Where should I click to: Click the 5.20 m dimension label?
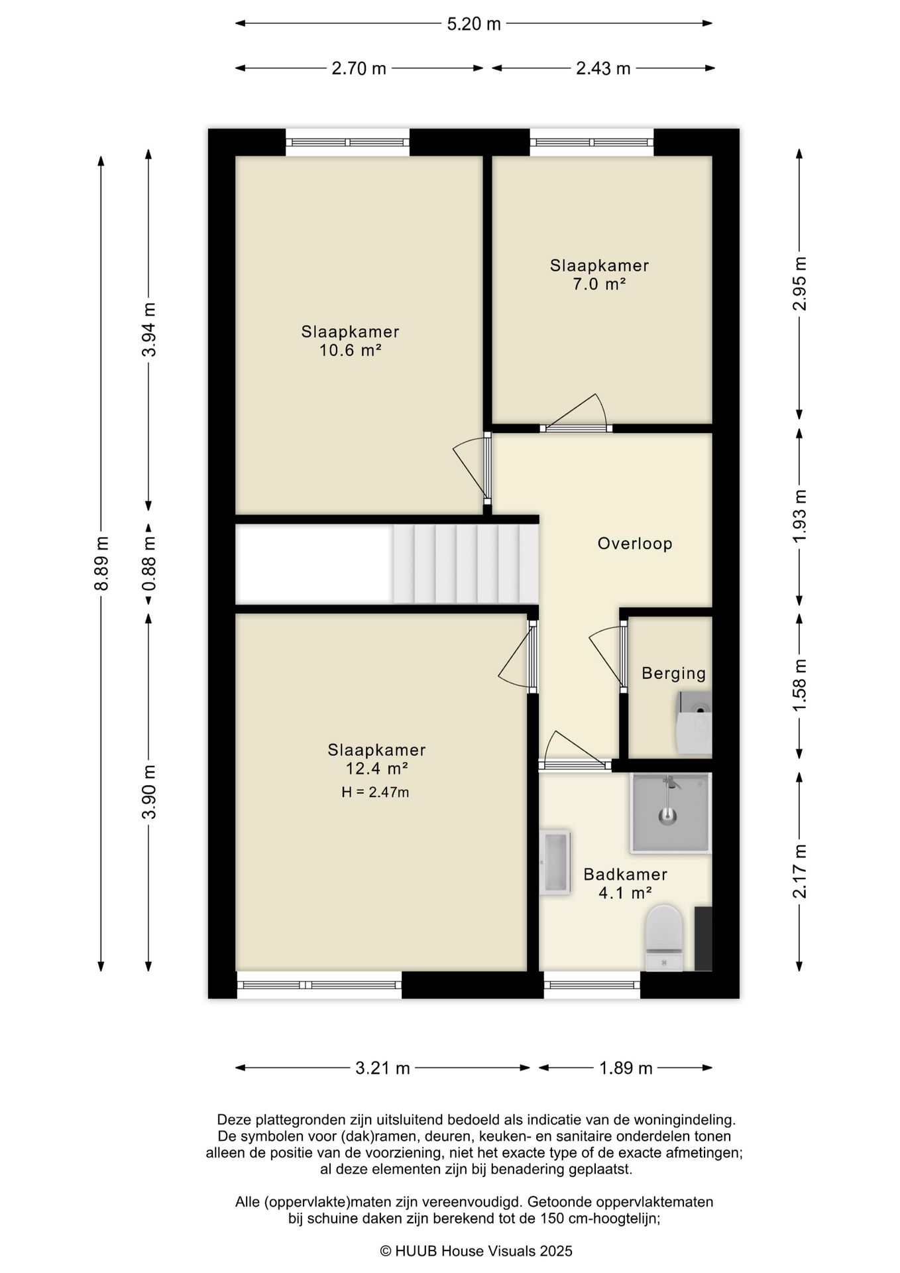[x=474, y=25]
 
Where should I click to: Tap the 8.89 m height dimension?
[x=101, y=563]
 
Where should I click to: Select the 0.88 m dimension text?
[x=150, y=563]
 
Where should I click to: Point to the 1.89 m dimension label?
[x=626, y=1068]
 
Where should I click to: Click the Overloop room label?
[x=635, y=544]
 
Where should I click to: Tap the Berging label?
[x=673, y=674]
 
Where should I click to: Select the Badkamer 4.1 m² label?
[x=625, y=884]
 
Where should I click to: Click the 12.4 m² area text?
[x=376, y=769]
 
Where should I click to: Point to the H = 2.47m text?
[x=375, y=792]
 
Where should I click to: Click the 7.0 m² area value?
[x=599, y=284]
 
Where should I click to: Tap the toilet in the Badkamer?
[x=664, y=938]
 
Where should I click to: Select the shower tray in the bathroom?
[x=671, y=813]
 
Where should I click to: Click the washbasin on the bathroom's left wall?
[x=555, y=861]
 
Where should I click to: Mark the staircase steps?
[x=465, y=564]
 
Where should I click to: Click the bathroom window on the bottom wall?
[x=592, y=985]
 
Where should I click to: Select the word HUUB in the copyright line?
[x=416, y=1251]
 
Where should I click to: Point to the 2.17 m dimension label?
[x=801, y=871]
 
